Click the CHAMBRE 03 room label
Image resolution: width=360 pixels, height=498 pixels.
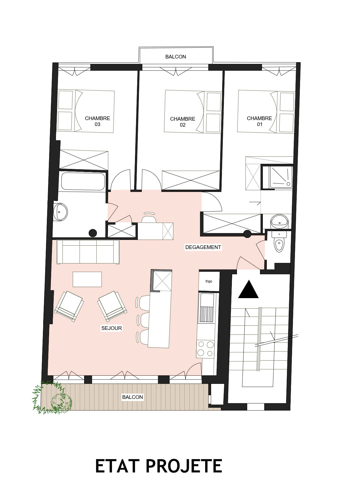point(97,121)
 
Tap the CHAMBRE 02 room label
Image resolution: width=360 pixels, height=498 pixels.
point(182,122)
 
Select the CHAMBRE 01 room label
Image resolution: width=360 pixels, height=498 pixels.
point(259,121)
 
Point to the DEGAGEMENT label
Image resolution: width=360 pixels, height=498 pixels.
point(203,247)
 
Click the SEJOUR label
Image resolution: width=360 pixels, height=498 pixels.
point(112,328)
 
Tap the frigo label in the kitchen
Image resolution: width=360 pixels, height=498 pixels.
point(209,281)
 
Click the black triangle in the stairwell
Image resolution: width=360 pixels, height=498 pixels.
point(248,289)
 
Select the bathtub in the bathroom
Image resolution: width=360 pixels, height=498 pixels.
point(83,181)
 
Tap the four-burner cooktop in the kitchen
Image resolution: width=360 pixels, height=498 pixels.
point(205,349)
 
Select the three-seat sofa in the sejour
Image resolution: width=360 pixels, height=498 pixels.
point(88,252)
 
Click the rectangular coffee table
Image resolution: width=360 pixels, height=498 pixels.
point(87,279)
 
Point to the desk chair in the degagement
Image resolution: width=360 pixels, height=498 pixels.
point(149,217)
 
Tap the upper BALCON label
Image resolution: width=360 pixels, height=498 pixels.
point(176,57)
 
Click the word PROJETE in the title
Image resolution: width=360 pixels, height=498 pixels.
point(184,466)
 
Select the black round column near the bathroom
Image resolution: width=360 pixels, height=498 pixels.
point(93,233)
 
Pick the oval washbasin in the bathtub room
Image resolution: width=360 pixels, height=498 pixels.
point(61,212)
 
